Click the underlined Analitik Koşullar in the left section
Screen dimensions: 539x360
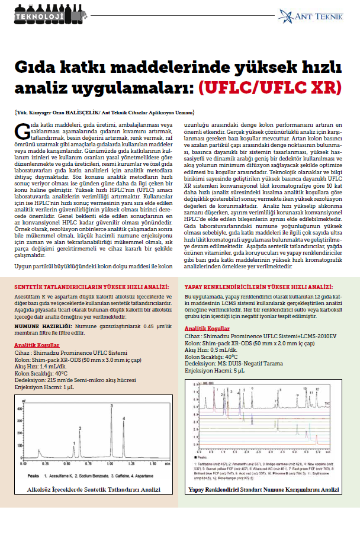[x=37, y=345]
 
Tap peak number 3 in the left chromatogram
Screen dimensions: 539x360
[x=111, y=406]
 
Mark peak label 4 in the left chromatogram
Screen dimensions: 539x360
[x=124, y=419]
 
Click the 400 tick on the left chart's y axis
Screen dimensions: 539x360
[x=20, y=408]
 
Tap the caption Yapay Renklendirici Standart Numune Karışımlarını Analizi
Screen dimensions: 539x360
[x=263, y=490]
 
